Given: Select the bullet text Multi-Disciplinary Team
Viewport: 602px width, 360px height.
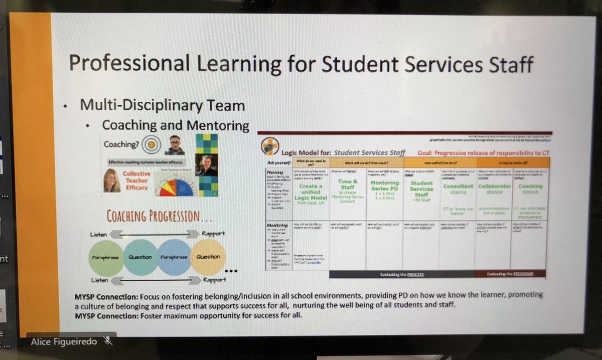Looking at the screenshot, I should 163,105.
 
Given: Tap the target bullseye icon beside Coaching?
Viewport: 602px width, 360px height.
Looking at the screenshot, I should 149,145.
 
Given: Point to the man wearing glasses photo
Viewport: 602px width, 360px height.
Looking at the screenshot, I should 175,144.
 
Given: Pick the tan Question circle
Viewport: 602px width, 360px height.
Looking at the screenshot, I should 208,257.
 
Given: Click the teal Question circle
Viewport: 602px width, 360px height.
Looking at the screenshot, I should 141,257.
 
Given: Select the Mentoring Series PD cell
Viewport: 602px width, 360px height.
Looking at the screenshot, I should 384,190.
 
